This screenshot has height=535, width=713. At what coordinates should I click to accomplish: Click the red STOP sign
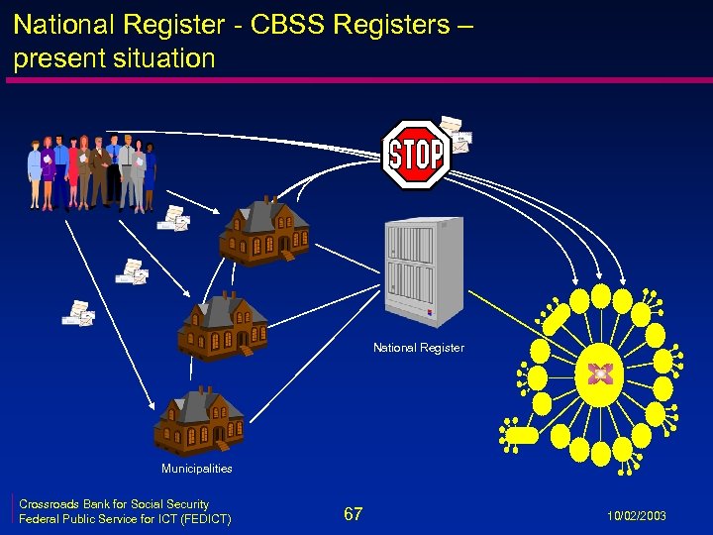416,155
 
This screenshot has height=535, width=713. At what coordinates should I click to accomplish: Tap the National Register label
418,348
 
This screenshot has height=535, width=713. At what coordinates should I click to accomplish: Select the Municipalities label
197,469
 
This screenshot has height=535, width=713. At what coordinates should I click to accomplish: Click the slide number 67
353,514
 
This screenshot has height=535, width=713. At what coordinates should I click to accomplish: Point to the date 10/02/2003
639,516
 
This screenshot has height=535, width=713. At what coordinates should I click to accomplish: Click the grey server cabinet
423,271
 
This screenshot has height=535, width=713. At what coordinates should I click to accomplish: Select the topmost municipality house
264,232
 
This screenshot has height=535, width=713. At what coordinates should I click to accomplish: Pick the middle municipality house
223,327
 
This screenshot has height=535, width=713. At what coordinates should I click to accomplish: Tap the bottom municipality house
199,420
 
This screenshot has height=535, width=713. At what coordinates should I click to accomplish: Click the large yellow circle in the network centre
599,374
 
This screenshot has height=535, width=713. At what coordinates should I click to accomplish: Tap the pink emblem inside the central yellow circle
599,374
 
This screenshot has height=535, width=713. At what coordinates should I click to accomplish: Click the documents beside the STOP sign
456,134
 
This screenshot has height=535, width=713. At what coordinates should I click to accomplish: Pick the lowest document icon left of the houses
76,314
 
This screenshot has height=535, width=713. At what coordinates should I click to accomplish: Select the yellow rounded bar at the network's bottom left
522,435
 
